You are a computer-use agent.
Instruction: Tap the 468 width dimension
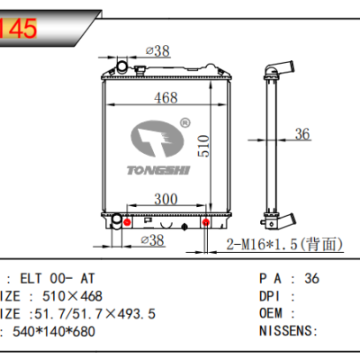tap(164, 97)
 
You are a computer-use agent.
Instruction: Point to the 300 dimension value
tap(165, 198)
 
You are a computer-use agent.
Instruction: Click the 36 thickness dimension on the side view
tap(301, 135)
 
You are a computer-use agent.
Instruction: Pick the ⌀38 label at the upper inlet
tap(157, 51)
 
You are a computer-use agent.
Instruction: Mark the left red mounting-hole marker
tap(128, 222)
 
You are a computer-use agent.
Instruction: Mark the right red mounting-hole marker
tap(206, 222)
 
